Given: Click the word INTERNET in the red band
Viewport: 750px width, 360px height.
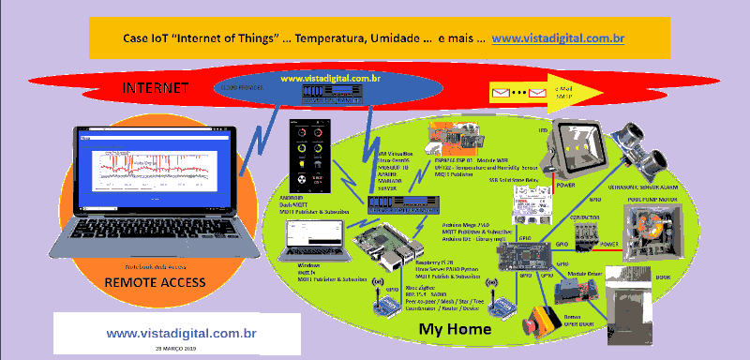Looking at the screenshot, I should tap(157, 88).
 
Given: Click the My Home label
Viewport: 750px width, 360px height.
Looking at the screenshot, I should tap(455, 329).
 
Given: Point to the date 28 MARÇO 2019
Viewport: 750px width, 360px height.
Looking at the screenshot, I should tap(182, 348).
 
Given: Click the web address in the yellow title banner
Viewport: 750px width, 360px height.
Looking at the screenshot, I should tap(558, 38).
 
